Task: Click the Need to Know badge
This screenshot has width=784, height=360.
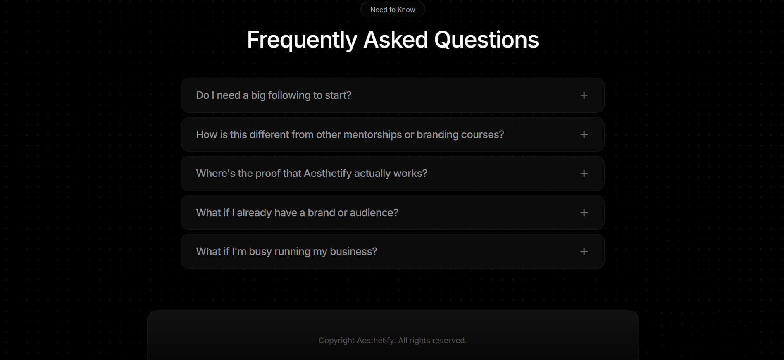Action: click(393, 10)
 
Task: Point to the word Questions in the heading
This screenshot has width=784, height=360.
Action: click(486, 40)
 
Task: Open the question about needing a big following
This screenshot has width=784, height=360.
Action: click(274, 95)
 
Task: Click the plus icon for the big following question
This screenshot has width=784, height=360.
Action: click(584, 95)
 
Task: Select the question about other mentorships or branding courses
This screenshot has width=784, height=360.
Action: click(350, 135)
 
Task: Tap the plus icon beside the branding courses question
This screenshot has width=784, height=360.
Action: click(584, 134)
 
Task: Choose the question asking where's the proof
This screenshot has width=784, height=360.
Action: click(312, 174)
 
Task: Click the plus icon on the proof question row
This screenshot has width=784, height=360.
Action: click(584, 174)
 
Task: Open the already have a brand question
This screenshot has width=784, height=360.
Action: click(297, 212)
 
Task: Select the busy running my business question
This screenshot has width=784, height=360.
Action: click(286, 252)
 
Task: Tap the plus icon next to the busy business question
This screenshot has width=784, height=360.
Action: click(584, 252)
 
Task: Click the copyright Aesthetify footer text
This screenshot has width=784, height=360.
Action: click(393, 341)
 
